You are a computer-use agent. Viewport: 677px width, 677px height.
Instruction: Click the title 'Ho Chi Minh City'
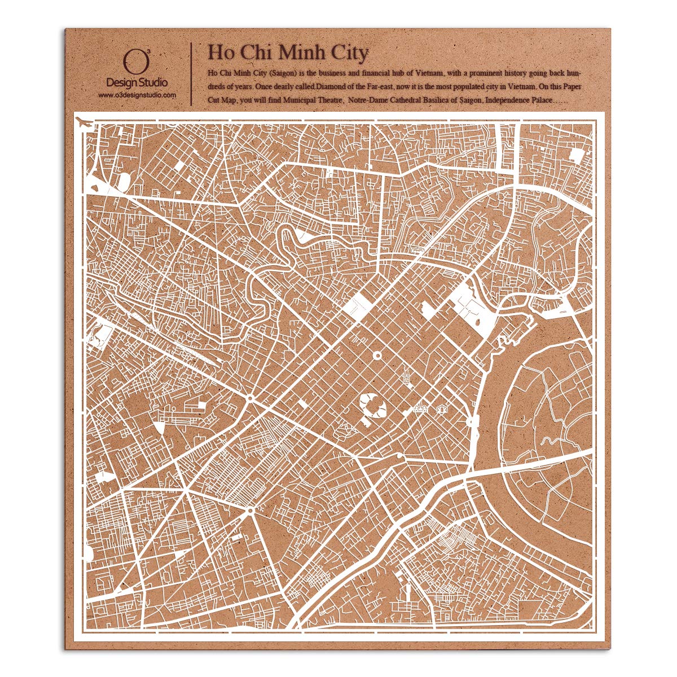(x=288, y=52)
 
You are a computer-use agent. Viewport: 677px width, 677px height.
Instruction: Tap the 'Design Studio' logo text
(x=137, y=82)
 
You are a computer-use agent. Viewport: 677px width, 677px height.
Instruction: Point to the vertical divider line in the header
(x=192, y=73)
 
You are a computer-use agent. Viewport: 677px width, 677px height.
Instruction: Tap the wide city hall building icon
(x=420, y=408)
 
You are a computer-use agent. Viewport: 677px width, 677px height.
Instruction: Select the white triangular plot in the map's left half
(x=161, y=427)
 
